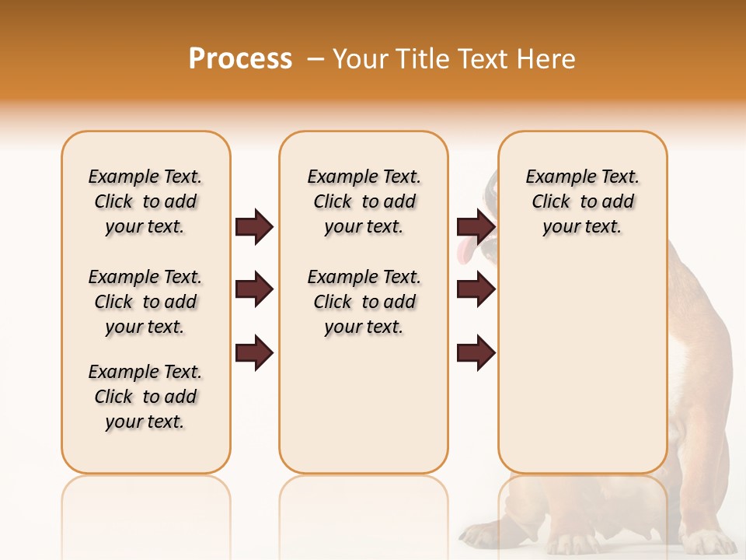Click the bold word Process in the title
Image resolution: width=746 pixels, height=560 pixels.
point(240,59)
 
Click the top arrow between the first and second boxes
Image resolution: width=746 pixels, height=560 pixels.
point(254,227)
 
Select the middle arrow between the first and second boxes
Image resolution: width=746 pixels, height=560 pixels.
point(254,290)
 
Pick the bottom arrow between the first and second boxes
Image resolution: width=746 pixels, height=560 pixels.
point(254,353)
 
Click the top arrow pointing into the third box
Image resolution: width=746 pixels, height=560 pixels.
point(476,227)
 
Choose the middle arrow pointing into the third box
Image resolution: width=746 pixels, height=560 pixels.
point(476,290)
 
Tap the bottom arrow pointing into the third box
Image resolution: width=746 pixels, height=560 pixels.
point(476,353)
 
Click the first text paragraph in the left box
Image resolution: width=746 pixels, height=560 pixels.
point(145,201)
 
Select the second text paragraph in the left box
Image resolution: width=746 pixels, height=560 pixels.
point(145,302)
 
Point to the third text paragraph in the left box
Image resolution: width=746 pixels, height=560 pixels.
point(145,397)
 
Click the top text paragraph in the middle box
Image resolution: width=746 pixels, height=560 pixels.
point(364,201)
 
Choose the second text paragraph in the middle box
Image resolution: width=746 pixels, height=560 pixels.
point(364,302)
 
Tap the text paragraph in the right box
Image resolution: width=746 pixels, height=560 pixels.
point(582,201)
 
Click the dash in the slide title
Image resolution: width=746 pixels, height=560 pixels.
point(315,59)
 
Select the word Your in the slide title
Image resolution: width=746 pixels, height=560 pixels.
point(360,59)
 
